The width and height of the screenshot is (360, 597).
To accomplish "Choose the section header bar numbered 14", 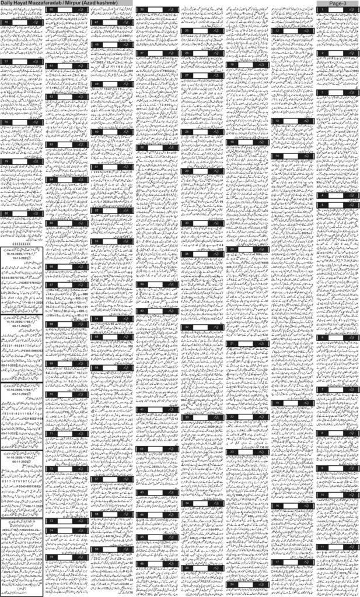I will (292, 156).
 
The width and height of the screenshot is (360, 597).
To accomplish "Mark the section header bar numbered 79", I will (22, 161).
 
